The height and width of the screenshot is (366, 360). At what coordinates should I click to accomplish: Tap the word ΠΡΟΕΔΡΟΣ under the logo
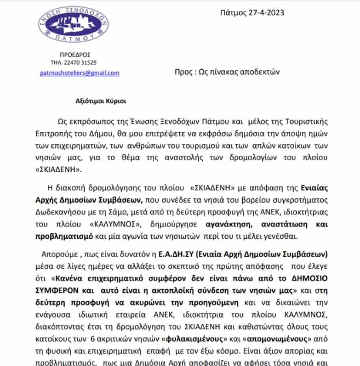click(74, 54)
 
